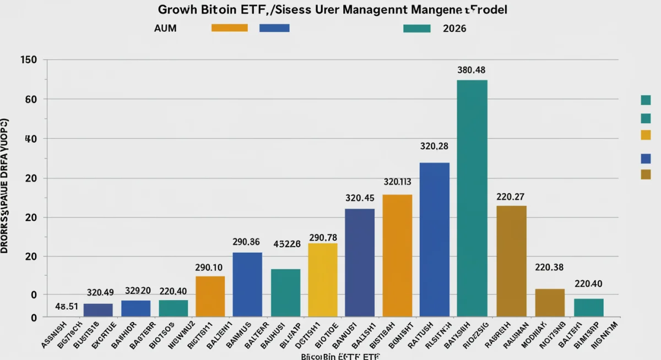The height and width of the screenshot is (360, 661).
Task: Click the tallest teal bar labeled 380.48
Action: tap(472, 198)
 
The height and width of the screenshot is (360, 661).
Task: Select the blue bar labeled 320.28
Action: tap(435, 239)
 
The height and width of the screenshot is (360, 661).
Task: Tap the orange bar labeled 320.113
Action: tap(397, 255)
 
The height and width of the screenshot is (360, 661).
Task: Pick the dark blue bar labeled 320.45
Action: tap(360, 263)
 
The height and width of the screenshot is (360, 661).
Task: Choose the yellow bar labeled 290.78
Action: tap(322, 280)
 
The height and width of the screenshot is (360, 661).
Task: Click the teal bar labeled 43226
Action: tap(285, 292)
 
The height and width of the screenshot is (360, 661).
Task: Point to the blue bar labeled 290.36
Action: tap(247, 284)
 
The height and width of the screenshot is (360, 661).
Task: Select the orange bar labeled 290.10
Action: tap(210, 296)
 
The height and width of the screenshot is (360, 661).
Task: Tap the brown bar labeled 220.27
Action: tap(511, 261)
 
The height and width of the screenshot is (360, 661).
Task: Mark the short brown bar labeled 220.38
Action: tap(550, 302)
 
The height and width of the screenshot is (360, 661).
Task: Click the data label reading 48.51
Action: tap(67, 307)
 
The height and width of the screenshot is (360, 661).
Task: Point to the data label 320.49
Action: tap(100, 292)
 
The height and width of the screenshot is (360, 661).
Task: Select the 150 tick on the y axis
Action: tap(28, 59)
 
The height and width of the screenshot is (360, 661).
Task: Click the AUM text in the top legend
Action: tap(165, 28)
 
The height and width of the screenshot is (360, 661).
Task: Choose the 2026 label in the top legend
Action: tap(454, 28)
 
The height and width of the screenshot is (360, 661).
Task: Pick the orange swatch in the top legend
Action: tap(229, 28)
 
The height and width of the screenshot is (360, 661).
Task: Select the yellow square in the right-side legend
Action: tap(646, 135)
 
